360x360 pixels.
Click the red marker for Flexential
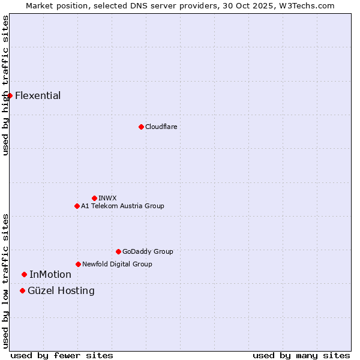click(x=10, y=95)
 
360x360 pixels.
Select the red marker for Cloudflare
click(x=141, y=127)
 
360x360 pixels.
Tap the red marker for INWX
click(x=94, y=198)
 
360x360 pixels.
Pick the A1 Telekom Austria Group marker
click(x=77, y=206)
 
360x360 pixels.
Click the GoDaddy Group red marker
click(x=118, y=251)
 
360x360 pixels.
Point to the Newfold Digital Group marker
click(x=78, y=264)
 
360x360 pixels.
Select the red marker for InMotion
click(x=24, y=274)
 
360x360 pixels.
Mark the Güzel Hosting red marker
click(x=22, y=290)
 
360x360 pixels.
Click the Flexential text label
click(x=38, y=95)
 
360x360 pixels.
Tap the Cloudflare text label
click(x=161, y=127)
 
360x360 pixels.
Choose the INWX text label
click(x=107, y=198)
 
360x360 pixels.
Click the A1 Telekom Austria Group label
click(x=122, y=206)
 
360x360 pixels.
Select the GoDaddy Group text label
click(x=148, y=251)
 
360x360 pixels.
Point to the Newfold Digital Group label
click(x=117, y=264)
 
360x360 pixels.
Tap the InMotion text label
click(x=50, y=274)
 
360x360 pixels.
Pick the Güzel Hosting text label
click(x=61, y=290)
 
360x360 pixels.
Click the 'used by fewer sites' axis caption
click(x=62, y=355)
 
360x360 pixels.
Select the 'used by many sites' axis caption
click(x=301, y=355)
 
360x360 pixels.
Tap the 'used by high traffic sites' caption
click(x=5, y=86)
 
